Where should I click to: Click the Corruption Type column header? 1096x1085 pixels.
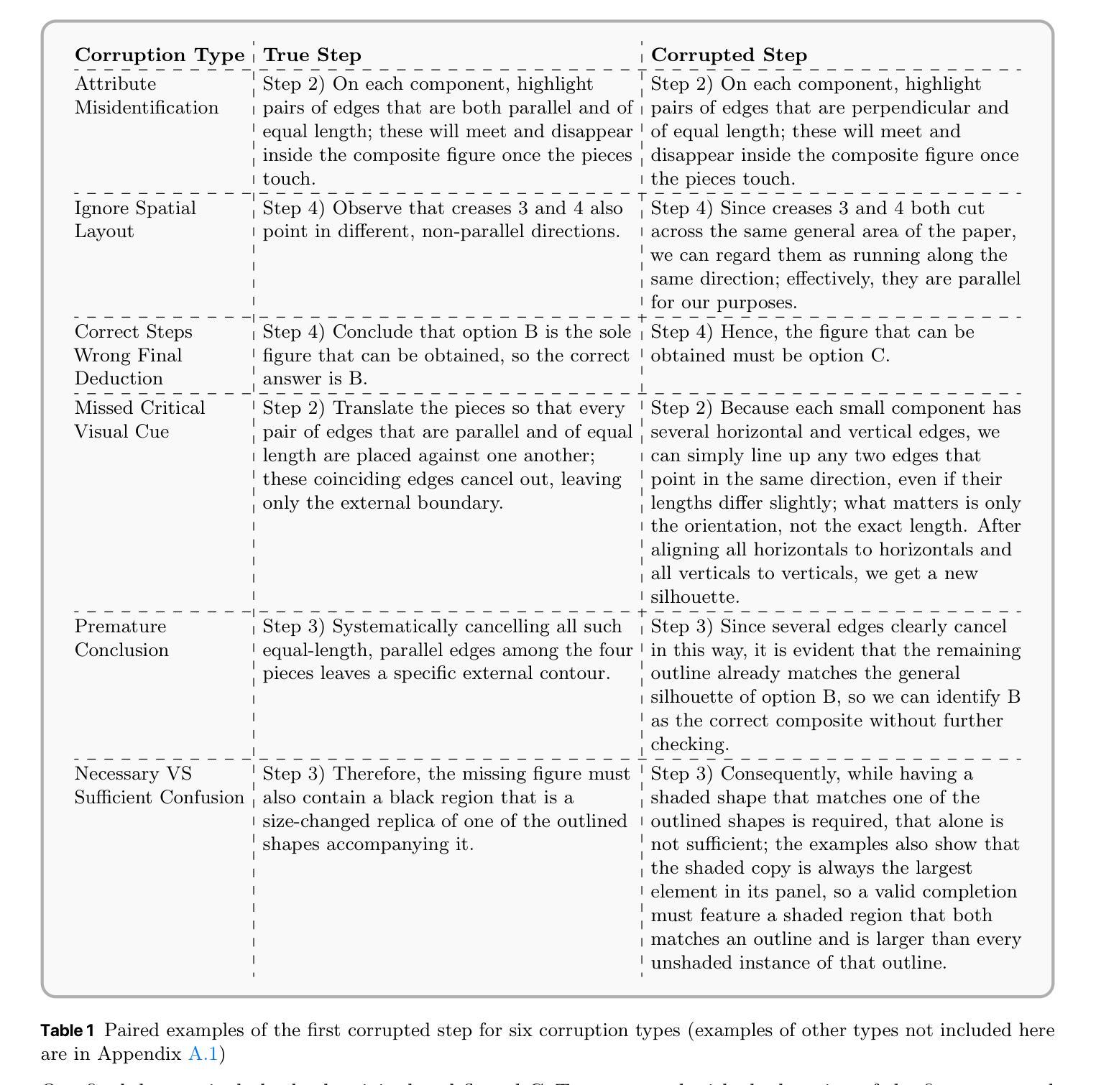(x=160, y=55)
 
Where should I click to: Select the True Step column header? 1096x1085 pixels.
(x=312, y=55)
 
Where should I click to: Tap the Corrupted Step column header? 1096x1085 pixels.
(x=729, y=55)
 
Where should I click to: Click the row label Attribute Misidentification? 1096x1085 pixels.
(x=147, y=96)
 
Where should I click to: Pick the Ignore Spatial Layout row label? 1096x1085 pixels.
(x=135, y=219)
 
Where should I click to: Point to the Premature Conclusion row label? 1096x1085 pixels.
(x=121, y=638)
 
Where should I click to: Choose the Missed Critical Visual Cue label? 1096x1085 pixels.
(x=139, y=420)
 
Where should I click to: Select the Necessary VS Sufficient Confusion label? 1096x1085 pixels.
(x=159, y=785)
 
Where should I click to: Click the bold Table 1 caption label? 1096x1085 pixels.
(x=67, y=1030)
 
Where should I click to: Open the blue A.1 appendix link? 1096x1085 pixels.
(x=203, y=1054)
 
